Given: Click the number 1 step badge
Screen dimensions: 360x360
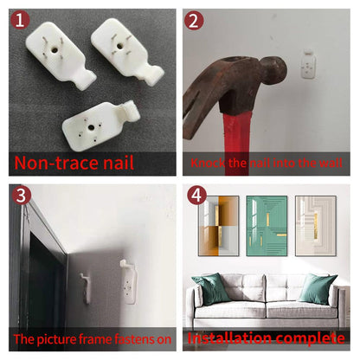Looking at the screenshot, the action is (x=20, y=20).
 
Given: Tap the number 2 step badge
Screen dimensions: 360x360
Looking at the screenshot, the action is (x=194, y=21).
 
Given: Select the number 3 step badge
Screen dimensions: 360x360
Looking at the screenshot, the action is (x=22, y=196).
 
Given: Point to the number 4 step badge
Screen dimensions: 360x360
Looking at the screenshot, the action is (x=196, y=196).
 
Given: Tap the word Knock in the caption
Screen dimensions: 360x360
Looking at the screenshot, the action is (x=208, y=163).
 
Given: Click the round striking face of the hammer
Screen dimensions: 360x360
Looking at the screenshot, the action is (x=276, y=71).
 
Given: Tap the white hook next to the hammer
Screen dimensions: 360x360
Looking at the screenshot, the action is (x=308, y=64).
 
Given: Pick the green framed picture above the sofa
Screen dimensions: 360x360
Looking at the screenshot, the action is (x=267, y=226).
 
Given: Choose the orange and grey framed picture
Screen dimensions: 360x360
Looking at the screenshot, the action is (x=218, y=226).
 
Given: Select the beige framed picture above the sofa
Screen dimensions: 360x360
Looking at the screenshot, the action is (x=316, y=226).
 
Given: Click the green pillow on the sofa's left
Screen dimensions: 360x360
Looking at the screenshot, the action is (x=211, y=288).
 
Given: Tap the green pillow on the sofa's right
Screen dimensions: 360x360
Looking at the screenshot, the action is (x=318, y=288).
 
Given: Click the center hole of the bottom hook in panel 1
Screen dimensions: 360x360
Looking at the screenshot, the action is (x=91, y=127).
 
